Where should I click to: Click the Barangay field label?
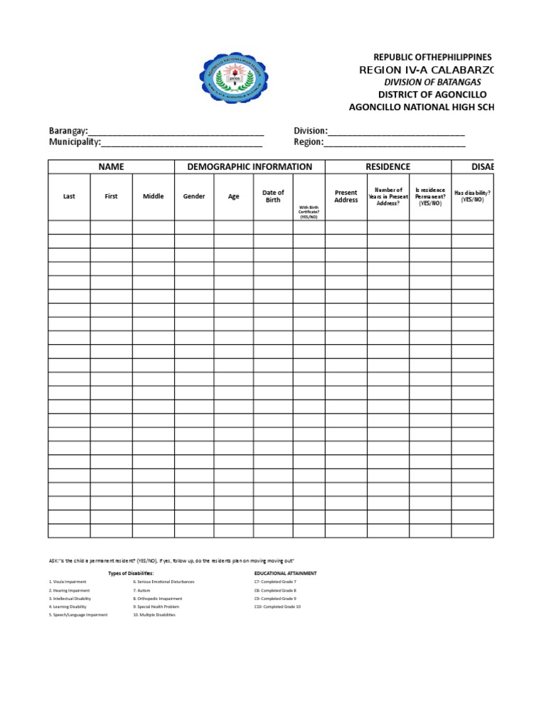[x=68, y=131]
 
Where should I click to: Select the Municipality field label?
[x=75, y=142]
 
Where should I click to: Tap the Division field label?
[x=311, y=131]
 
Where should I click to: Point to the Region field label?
[x=309, y=142]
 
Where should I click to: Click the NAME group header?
[x=111, y=166]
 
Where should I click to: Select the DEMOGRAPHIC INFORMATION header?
[x=250, y=166]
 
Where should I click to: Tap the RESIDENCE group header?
[x=387, y=166]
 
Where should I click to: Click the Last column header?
[x=69, y=196]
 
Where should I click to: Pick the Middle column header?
[x=153, y=196]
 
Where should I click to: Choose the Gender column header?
[x=194, y=196]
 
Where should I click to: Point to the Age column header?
[x=233, y=196]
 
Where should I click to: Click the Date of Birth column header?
[x=273, y=196]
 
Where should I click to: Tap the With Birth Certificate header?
[x=309, y=212]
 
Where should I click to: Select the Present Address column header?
[x=346, y=196]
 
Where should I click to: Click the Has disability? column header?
[x=473, y=196]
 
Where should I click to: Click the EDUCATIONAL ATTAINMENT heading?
[x=285, y=573]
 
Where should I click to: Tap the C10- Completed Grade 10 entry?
[x=277, y=606]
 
